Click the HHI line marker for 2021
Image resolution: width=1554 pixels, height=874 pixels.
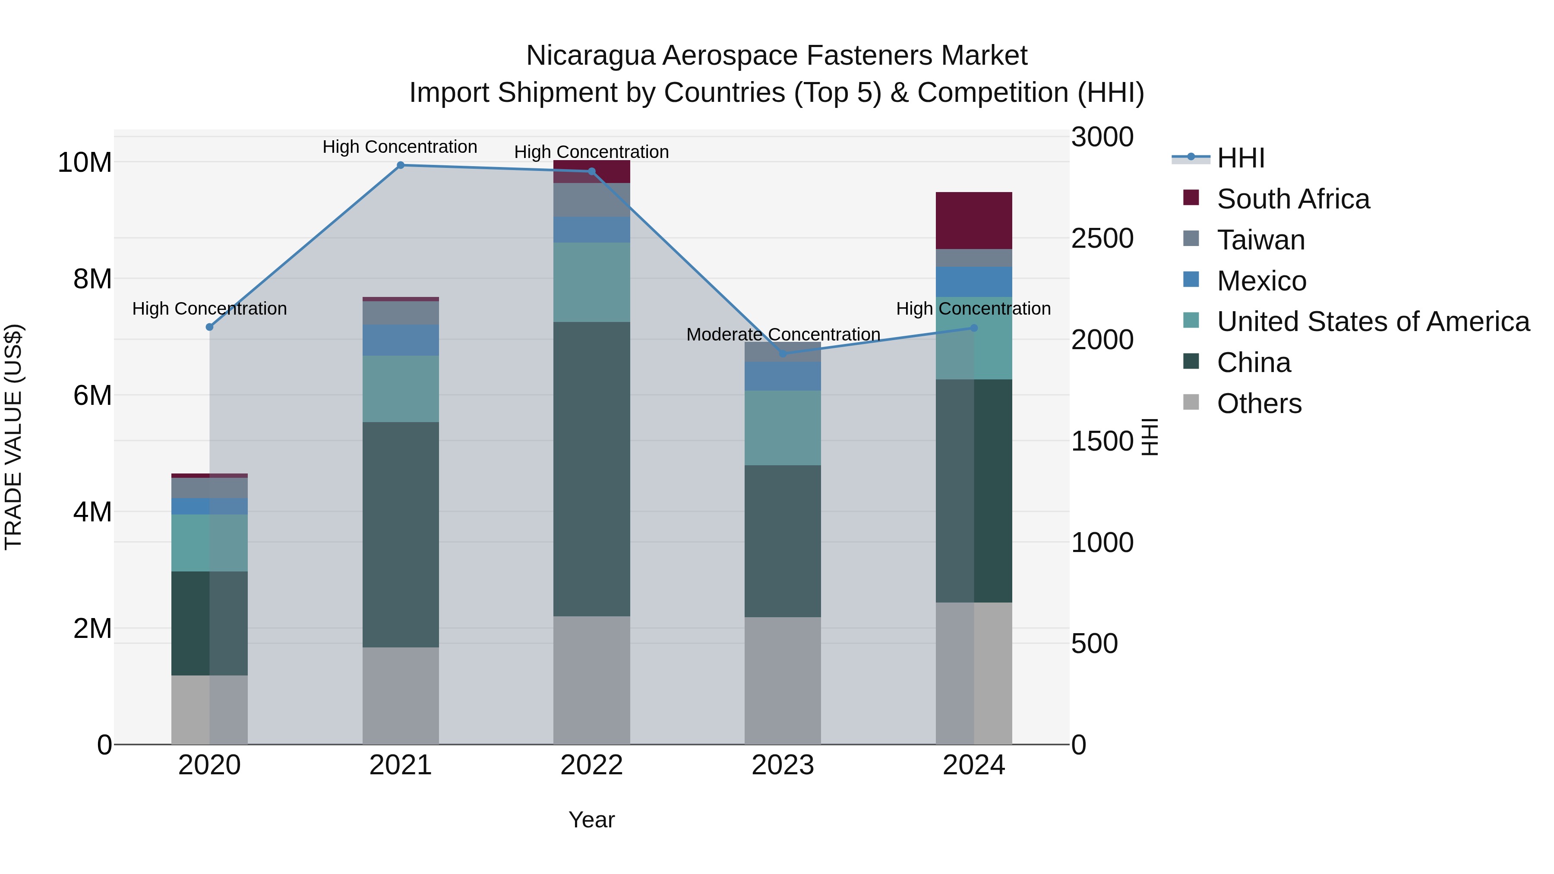(401, 165)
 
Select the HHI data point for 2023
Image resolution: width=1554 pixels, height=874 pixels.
(783, 353)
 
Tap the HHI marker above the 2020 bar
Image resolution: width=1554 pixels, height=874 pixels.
(209, 327)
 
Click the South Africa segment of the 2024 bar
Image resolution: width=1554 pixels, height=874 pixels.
(974, 221)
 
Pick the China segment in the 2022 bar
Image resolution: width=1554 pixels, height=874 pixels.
(592, 469)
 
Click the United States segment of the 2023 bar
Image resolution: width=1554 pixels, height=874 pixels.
(783, 428)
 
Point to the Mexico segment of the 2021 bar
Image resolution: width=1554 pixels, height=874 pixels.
(401, 340)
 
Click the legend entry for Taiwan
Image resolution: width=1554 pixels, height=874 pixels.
(1261, 240)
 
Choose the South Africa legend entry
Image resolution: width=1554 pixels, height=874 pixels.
(1293, 199)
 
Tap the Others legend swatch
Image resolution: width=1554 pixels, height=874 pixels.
(1191, 402)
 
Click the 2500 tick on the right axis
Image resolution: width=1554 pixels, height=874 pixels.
(1102, 239)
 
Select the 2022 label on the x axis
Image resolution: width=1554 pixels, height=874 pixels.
(591, 765)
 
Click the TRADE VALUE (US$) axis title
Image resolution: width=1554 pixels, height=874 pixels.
(14, 437)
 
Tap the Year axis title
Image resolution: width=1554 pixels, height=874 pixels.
(591, 820)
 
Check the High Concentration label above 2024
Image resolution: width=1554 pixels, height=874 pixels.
(973, 309)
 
